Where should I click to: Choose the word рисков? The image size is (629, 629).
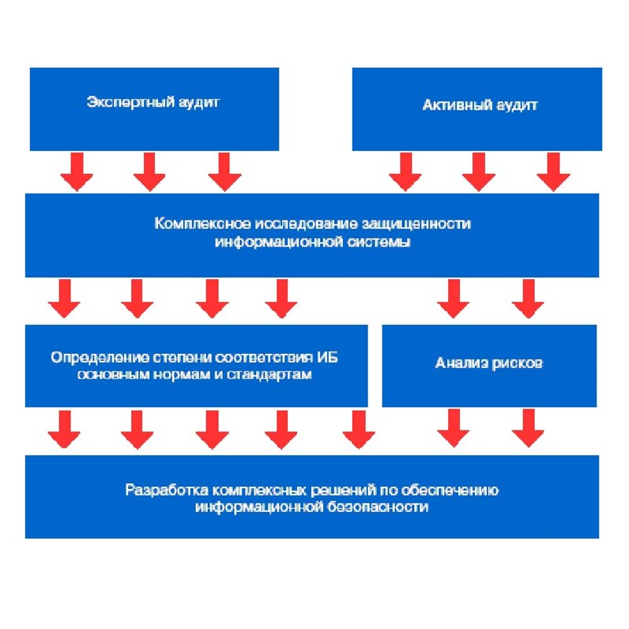point(516,363)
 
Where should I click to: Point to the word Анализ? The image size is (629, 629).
point(458,363)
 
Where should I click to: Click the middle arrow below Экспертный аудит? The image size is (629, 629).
point(149,171)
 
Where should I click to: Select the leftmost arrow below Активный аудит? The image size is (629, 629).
point(405,171)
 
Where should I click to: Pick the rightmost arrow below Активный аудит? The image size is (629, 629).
point(553,171)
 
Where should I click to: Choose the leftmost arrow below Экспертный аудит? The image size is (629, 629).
point(77,171)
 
